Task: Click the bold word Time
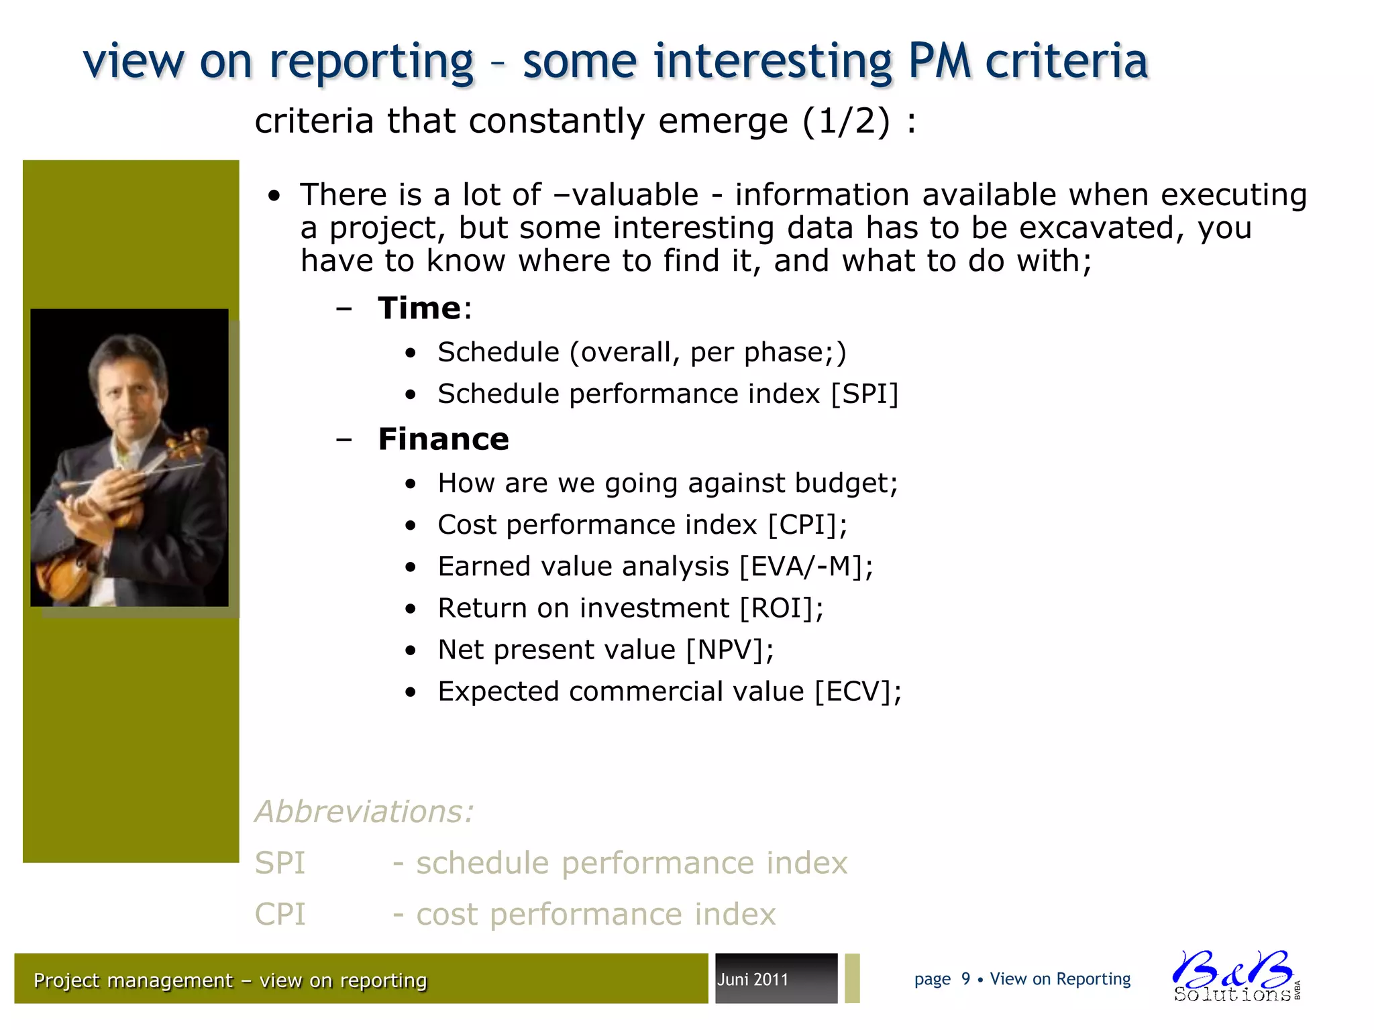pyautogui.click(x=419, y=308)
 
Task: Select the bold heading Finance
pyautogui.click(x=443, y=439)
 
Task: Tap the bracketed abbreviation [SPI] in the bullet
pyautogui.click(x=864, y=394)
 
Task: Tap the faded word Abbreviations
pyautogui.click(x=364, y=811)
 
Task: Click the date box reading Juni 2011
pyautogui.click(x=776, y=979)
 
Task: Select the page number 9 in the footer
pyautogui.click(x=965, y=979)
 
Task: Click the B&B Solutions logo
pyautogui.click(x=1234, y=976)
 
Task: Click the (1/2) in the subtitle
pyautogui.click(x=845, y=121)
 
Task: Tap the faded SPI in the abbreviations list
pyautogui.click(x=280, y=863)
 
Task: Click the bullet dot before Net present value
pyautogui.click(x=411, y=650)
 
